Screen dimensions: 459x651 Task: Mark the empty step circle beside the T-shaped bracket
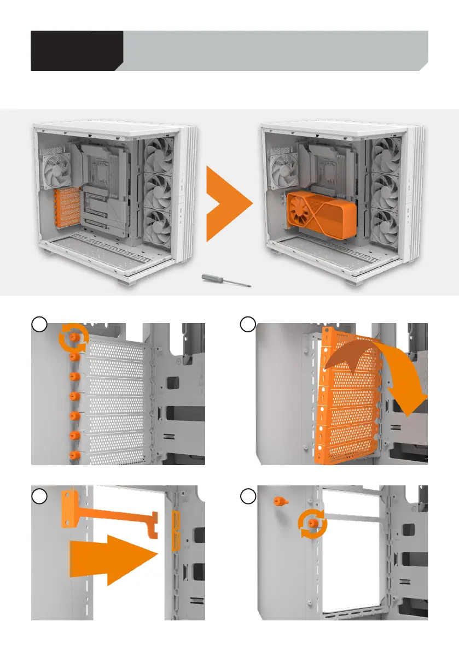pyautogui.click(x=38, y=497)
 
